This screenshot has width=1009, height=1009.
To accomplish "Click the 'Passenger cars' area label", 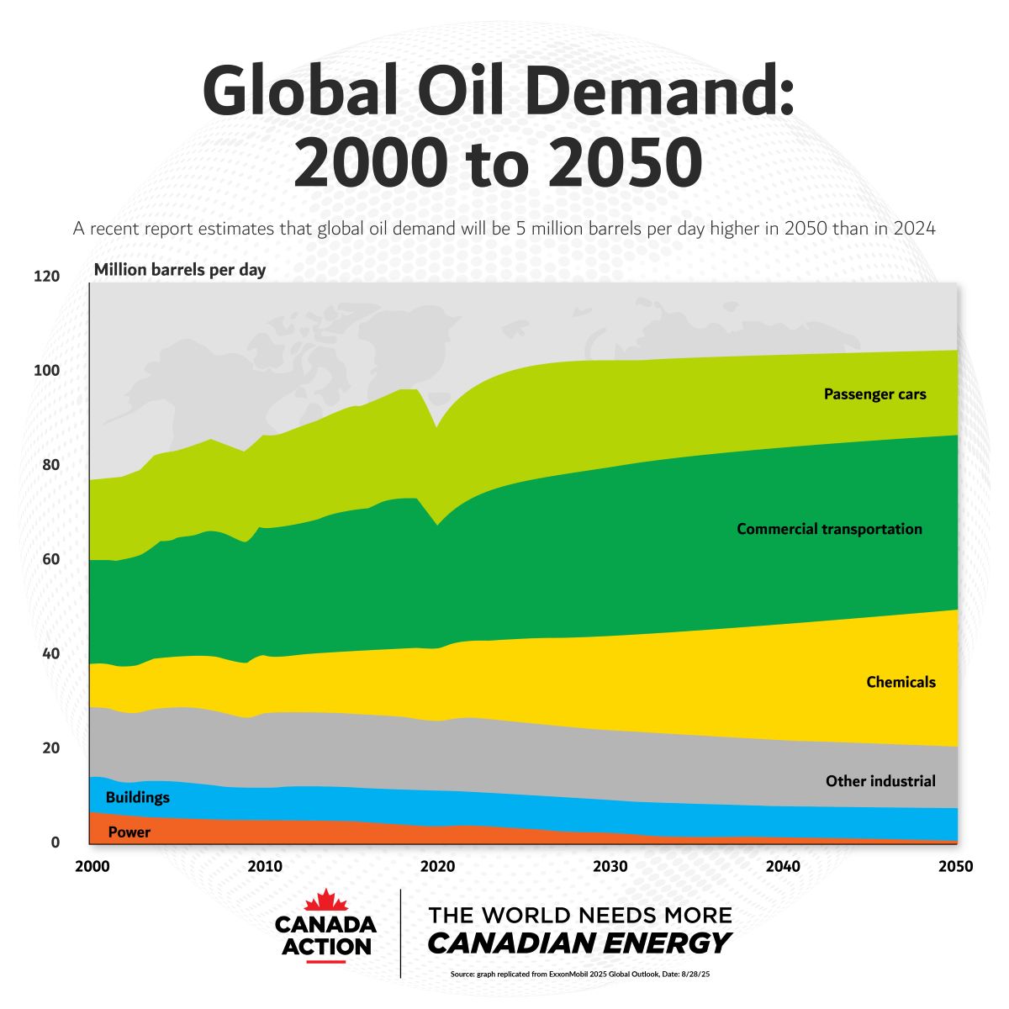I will tap(874, 394).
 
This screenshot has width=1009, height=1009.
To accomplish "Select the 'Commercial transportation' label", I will tap(829, 529).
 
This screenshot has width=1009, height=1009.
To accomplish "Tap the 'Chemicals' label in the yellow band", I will tap(901, 682).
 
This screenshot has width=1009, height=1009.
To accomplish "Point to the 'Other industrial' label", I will tap(880, 781).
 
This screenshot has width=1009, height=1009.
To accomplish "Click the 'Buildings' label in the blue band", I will tap(137, 797).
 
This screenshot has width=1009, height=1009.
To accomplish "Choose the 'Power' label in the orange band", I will tap(129, 832).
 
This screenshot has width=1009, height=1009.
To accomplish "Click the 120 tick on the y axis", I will tap(47, 276).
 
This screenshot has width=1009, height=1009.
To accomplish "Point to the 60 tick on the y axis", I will tap(50, 559).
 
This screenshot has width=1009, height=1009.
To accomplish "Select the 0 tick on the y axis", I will tap(55, 843).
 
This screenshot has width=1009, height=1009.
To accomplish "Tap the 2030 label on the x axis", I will tap(610, 866).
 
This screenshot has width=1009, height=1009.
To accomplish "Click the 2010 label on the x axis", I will tap(265, 866).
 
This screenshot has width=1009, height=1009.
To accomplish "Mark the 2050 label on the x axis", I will tap(955, 866).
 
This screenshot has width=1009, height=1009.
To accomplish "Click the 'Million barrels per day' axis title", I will tap(179, 270).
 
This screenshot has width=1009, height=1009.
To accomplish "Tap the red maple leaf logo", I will tap(326, 901).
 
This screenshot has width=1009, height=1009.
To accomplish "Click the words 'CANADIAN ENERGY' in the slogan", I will tap(578, 943).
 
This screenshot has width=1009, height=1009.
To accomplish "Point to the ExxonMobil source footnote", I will tap(580, 975).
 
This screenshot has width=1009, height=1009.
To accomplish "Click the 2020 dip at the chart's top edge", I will tap(436, 428).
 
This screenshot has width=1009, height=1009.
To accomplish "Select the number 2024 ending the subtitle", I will tap(914, 228).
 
